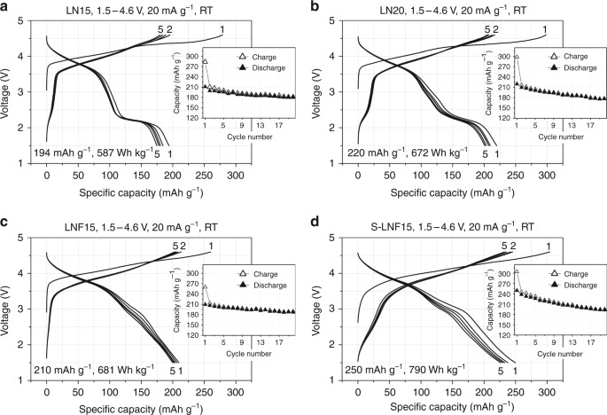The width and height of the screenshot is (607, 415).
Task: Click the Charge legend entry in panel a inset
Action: point(259,55)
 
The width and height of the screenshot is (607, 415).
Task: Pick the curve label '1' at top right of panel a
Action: point(222,29)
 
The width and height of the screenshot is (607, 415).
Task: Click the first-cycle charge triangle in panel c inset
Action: point(206,287)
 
